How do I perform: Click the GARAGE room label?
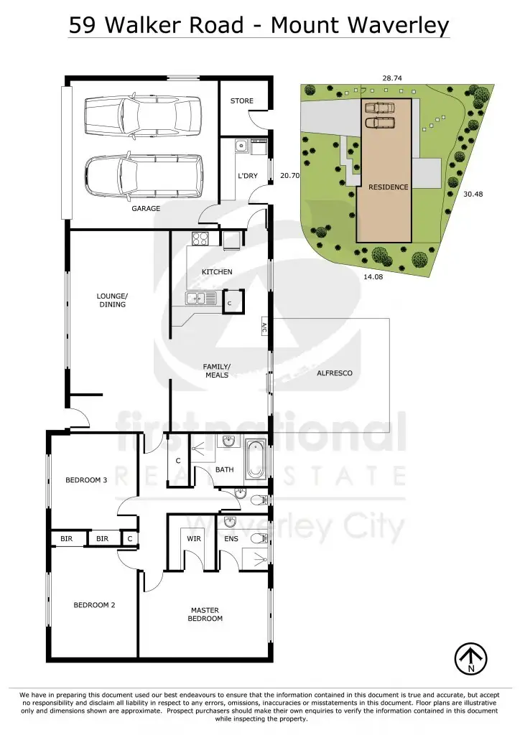pos(145,209)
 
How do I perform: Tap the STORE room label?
pos(241,101)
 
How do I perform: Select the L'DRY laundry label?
pos(247,176)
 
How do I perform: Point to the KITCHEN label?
pos(216,272)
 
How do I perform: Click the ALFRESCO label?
pos(335,373)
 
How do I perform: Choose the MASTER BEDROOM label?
pos(205,614)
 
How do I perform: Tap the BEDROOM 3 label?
pos(86,480)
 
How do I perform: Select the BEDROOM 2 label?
pos(94,605)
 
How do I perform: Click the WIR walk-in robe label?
pos(193,538)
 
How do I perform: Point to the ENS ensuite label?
pos(231,538)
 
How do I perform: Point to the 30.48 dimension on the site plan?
pos(473,193)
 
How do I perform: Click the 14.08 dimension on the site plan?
pos(373,276)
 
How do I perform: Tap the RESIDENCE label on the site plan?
pos(389,187)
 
